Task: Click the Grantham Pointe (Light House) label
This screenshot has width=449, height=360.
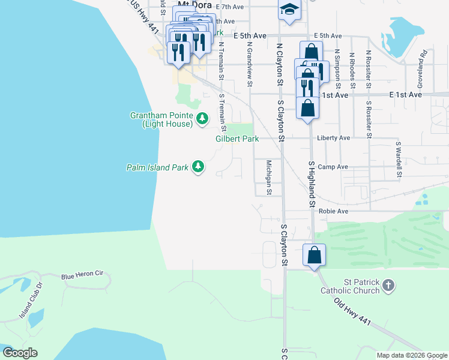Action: tap(162, 119)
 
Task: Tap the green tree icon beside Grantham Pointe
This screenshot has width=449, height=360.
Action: tap(202, 119)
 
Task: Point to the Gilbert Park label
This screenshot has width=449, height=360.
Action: tap(237, 139)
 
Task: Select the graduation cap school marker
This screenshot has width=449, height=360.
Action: tap(289, 9)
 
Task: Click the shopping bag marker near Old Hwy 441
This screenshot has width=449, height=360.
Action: tap(314, 255)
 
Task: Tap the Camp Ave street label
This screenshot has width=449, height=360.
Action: tap(333, 167)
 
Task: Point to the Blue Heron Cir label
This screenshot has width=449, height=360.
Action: tap(82, 274)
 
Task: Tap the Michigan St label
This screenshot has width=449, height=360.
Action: tap(270, 177)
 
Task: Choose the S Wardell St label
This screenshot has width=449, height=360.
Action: tap(398, 160)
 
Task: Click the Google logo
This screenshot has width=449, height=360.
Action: tap(20, 353)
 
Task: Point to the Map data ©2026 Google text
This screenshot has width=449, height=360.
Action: tap(411, 355)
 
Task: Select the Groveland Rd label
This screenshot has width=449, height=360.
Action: tap(423, 62)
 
